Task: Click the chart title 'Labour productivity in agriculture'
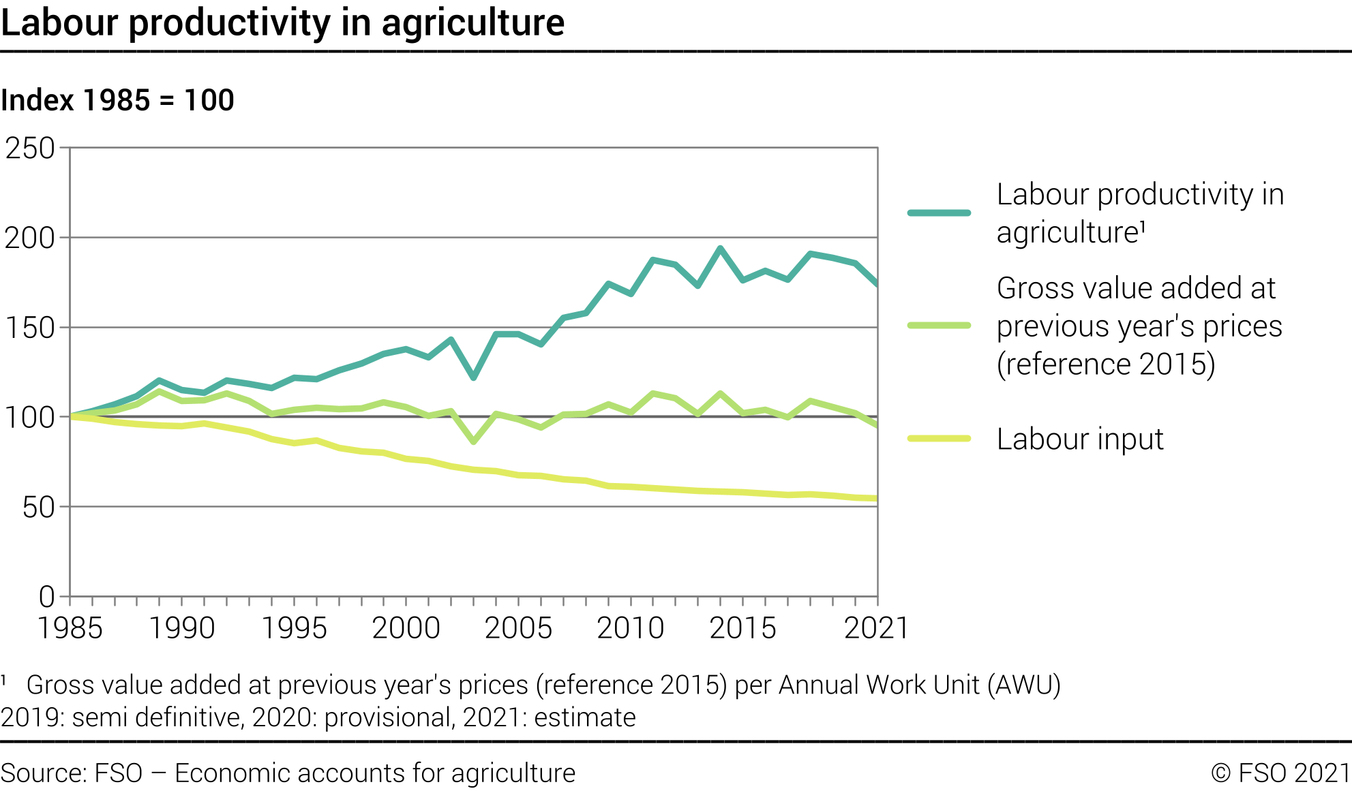(x=282, y=22)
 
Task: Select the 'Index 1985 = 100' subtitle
(x=117, y=100)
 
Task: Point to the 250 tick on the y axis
(x=30, y=148)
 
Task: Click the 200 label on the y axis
(x=30, y=238)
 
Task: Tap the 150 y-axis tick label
(x=30, y=328)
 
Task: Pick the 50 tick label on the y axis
(x=38, y=507)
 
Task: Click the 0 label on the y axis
(x=46, y=596)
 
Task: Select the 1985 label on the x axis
(x=70, y=627)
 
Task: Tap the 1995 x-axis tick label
(x=295, y=627)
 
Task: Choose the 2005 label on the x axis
(x=518, y=627)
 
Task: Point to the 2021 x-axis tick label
(x=876, y=627)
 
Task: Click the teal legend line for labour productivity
(x=939, y=213)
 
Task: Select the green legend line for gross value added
(x=939, y=326)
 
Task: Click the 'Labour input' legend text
(x=1080, y=439)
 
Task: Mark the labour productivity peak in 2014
(x=720, y=248)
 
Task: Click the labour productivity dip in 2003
(x=473, y=377)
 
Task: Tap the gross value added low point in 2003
(x=473, y=442)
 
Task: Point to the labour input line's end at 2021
(x=876, y=499)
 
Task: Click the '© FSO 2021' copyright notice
(x=1280, y=773)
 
